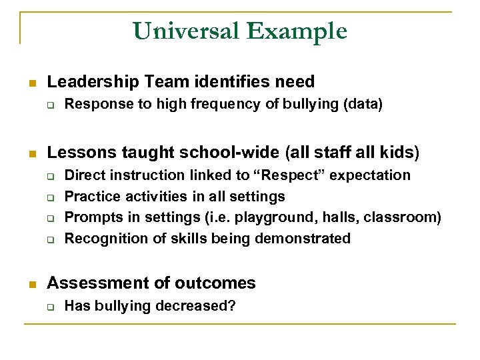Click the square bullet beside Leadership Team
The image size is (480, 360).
[31, 83]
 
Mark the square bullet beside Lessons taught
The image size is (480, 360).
[31, 154]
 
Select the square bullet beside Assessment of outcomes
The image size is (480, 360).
[31, 284]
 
